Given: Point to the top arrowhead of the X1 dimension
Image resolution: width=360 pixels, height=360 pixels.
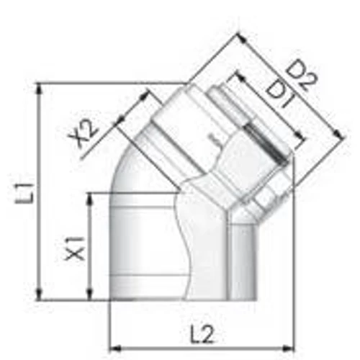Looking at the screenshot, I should tap(90, 195).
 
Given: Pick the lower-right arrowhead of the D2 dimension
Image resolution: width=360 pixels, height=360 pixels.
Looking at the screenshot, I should tap(336, 133).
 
